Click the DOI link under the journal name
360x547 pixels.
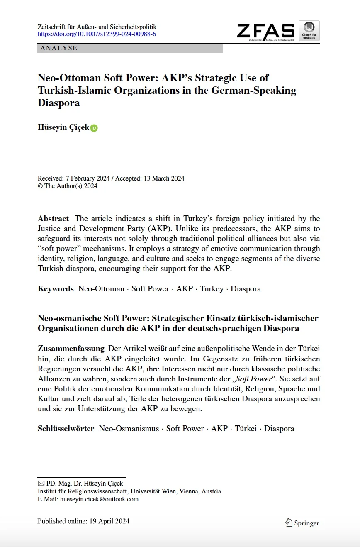pyautogui.click(x=97, y=34)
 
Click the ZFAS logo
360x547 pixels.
pyautogui.click(x=266, y=31)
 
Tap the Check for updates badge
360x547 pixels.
pyautogui.click(x=309, y=31)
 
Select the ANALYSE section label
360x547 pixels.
pyautogui.click(x=59, y=48)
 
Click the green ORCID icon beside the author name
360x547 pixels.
pyautogui.click(x=94, y=128)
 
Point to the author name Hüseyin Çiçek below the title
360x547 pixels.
pyautogui.click(x=63, y=127)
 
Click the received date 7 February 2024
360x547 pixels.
pyautogui.click(x=86, y=178)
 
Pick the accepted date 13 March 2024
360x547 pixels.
pyautogui.click(x=164, y=178)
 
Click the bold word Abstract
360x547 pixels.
pyautogui.click(x=53, y=219)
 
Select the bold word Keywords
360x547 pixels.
pyautogui.click(x=56, y=289)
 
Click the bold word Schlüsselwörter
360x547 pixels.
pyautogui.click(x=66, y=429)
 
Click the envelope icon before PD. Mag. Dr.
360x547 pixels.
pyautogui.click(x=41, y=484)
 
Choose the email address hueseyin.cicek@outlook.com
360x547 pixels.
pyautogui.click(x=99, y=499)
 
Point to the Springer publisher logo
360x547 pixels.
pyautogui.click(x=302, y=523)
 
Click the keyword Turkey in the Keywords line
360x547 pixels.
pyautogui.click(x=212, y=289)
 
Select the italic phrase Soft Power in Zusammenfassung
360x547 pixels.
pyautogui.click(x=253, y=379)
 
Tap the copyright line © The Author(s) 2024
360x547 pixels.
pyautogui.click(x=68, y=186)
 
